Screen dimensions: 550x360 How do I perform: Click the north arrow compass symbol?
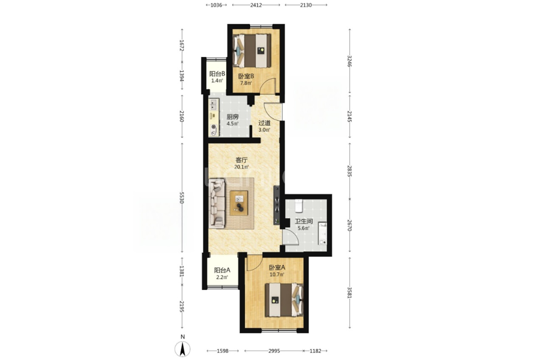(x=182, y=349)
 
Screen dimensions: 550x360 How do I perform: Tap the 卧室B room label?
(x=246, y=76)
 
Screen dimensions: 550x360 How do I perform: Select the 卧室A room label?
(x=277, y=268)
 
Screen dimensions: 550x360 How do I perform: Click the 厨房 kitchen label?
(x=233, y=117)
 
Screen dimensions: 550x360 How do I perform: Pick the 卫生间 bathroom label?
(x=304, y=221)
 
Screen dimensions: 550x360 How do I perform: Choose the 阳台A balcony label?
(x=222, y=270)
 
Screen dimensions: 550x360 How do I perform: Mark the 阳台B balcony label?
(x=217, y=74)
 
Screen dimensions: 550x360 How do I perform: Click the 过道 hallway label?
(x=264, y=123)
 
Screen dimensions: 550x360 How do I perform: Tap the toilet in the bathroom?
(x=299, y=206)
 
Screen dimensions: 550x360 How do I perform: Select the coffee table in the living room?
(x=239, y=203)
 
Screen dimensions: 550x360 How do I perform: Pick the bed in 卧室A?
(x=284, y=300)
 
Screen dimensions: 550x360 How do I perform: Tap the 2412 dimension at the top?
(x=256, y=5)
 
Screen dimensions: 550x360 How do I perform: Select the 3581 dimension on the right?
(x=350, y=293)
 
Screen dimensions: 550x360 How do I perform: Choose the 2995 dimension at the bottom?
(x=274, y=350)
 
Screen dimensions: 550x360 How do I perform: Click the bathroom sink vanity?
(x=322, y=233)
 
